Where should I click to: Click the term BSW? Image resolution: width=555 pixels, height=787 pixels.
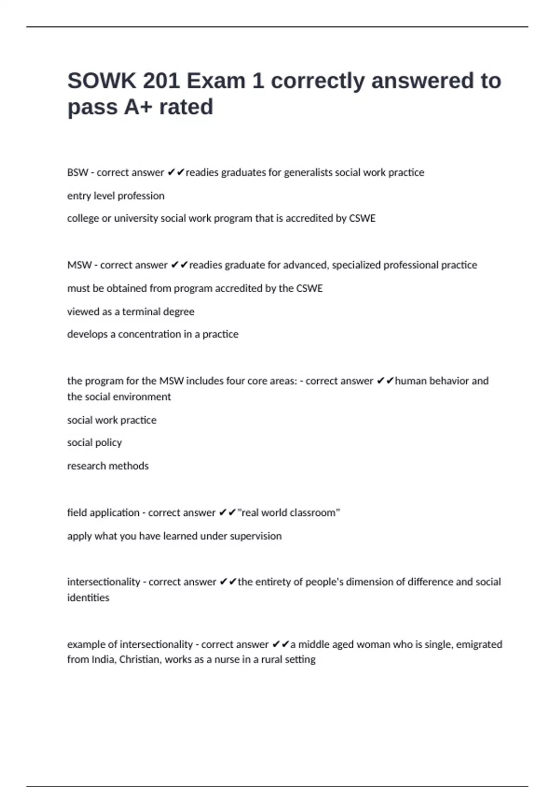77,173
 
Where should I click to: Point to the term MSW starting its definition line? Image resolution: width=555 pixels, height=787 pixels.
79,265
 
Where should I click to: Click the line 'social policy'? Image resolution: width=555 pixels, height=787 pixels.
94,443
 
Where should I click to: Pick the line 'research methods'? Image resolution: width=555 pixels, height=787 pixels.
108,466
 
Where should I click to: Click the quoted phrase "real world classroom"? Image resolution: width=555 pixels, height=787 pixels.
289,512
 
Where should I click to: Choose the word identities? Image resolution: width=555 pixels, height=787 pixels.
88,598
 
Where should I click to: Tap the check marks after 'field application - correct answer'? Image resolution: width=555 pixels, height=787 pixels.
228,512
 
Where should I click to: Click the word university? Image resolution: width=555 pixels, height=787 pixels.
136,219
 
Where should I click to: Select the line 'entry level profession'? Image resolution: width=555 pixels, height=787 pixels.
116,196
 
